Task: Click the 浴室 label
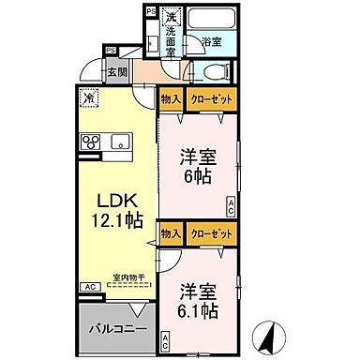click(211, 41)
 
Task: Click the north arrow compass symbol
click(268, 333)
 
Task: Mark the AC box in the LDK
click(89, 287)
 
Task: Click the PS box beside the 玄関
click(111, 50)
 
